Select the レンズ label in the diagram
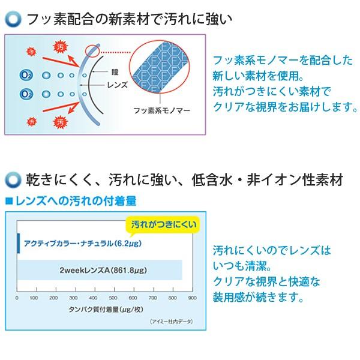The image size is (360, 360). (116, 85)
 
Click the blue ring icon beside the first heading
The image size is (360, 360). (11, 19)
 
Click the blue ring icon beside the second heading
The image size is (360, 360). (11, 178)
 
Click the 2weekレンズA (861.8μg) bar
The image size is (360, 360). (100, 270)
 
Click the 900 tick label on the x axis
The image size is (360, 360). (193, 298)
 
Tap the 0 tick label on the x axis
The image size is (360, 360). (17, 298)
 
